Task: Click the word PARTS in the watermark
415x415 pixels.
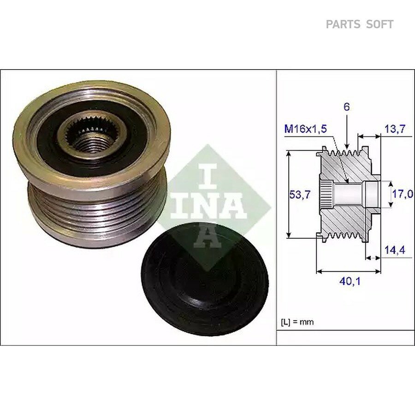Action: tap(343, 24)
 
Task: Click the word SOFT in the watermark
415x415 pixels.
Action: tap(379, 24)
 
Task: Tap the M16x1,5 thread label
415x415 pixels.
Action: tap(305, 129)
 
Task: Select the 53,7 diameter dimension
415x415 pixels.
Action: tap(300, 195)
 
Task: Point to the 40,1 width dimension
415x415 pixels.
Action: tap(350, 282)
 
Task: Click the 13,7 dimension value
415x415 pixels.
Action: tap(395, 129)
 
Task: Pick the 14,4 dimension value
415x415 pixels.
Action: tap(395, 250)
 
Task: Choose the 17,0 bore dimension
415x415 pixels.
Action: tap(402, 194)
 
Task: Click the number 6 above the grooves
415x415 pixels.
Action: tap(346, 107)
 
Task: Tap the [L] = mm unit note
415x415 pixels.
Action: tap(297, 322)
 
